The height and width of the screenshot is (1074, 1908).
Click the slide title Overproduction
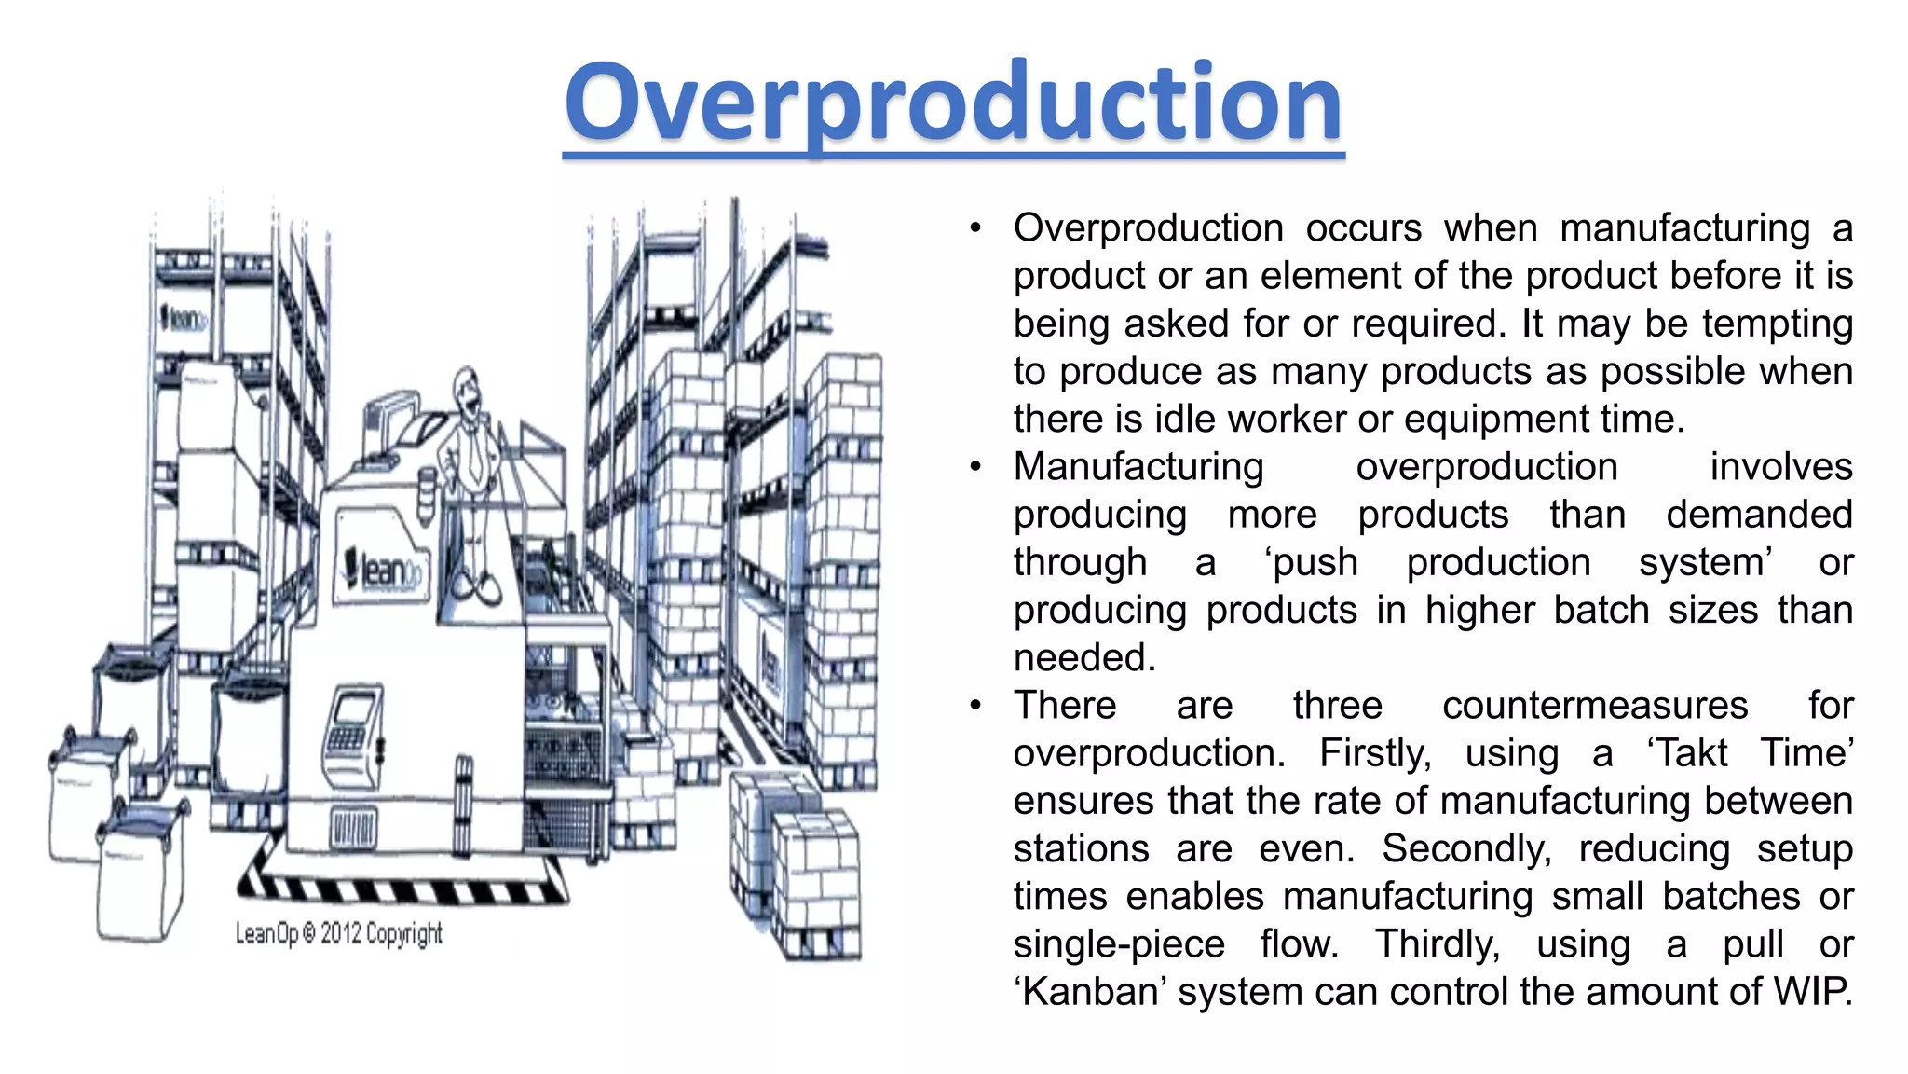pos(953,103)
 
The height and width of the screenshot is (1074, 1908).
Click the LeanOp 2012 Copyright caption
pos(338,933)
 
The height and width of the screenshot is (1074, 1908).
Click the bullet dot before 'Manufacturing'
pos(974,466)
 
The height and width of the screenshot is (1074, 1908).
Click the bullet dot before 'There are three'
pos(974,705)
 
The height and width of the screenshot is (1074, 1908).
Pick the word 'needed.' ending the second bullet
pos(1084,658)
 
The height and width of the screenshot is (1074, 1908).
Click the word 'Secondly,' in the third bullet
pos(1466,848)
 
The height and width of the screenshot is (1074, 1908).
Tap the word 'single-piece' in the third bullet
pos(1119,944)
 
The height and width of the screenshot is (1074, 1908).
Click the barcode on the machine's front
pos(354,827)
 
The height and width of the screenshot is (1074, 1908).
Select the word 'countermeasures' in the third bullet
pos(1595,706)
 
